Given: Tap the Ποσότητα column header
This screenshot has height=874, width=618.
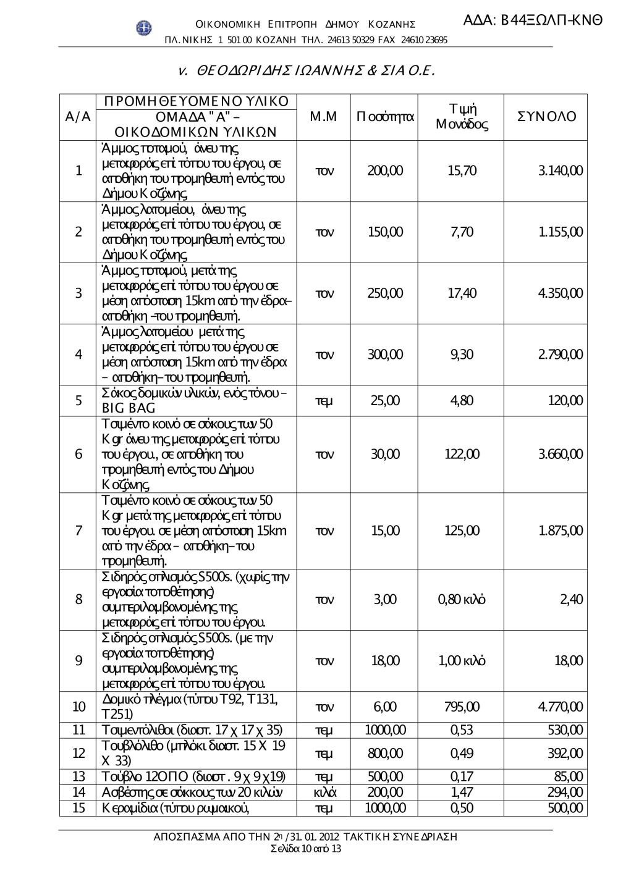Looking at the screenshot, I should point(385,117).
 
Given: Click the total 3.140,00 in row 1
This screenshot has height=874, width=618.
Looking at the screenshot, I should point(560,170).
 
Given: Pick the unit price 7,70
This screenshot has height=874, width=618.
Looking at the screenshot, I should point(462,232).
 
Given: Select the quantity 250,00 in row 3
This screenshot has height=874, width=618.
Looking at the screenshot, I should point(385,293).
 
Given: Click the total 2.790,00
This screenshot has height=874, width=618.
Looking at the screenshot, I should point(560,354).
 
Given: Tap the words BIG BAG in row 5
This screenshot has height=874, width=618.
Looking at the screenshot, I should point(129,408).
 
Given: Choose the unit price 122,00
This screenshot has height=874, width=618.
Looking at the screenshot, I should point(462,454).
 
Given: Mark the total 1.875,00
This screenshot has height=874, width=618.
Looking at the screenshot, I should point(560,531).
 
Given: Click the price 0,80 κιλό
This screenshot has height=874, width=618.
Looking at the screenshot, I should point(462,599).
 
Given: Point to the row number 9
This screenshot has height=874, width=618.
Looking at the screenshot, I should point(78,661).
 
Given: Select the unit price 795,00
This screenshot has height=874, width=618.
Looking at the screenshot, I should point(462,707).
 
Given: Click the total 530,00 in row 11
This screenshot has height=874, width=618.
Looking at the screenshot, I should point(565,730).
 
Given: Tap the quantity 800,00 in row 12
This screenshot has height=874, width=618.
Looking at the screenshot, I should point(385,753).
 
